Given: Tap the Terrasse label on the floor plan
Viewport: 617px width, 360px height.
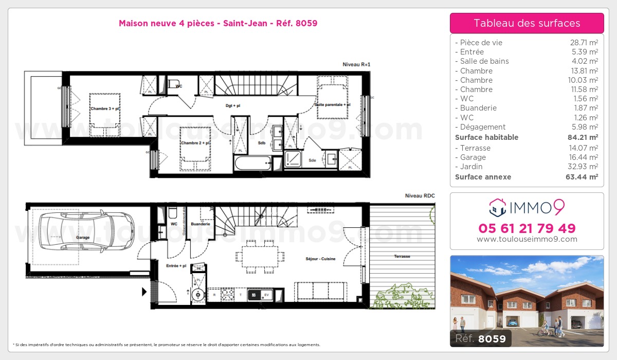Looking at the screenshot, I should tap(402, 256).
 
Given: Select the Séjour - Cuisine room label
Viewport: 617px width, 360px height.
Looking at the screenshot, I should tap(320, 259).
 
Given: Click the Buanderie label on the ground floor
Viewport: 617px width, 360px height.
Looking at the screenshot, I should tap(200, 224).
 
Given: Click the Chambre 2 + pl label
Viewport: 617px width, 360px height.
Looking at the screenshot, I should tap(195, 143).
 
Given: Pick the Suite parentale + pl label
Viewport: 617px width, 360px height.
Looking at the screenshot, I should tap(332, 105).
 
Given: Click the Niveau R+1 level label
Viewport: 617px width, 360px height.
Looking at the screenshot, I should tap(356, 64).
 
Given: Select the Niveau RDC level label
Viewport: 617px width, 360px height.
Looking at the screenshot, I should tap(420, 195).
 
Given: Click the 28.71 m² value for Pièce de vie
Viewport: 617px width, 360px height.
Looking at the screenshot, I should tap(584, 43).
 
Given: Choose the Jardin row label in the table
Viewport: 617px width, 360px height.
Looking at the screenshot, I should tap(471, 167).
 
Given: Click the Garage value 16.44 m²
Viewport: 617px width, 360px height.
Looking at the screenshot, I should tap(584, 157).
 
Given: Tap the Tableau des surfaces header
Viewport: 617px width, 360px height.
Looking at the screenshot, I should tap(527, 23).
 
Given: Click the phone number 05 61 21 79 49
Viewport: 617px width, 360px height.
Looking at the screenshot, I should tap(527, 228).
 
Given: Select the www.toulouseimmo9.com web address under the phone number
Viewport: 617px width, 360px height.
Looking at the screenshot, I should tap(527, 239).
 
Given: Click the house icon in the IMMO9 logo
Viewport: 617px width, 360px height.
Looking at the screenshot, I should tap(497, 208).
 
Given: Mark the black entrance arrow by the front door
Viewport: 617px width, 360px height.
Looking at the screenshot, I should tap(144, 292).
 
